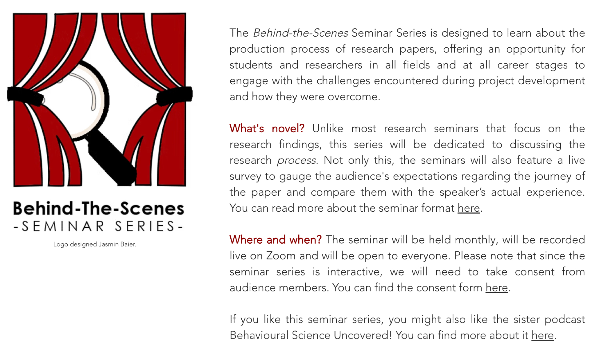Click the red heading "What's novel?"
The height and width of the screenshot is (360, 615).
point(267,128)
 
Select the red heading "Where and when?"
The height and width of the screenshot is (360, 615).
point(276,239)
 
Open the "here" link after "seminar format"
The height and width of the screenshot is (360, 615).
point(469,208)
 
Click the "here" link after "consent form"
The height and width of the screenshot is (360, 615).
point(497,287)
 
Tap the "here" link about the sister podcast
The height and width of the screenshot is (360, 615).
point(543,335)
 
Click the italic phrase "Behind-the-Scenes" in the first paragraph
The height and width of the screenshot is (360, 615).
point(300,33)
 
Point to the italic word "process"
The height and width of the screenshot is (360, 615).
point(296,161)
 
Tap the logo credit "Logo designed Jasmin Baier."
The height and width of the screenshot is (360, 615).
point(94,244)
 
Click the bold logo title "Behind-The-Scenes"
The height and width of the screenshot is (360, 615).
point(98,208)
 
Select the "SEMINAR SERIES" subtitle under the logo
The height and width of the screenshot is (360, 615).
point(98,226)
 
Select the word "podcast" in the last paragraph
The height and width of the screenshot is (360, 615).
point(565,320)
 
